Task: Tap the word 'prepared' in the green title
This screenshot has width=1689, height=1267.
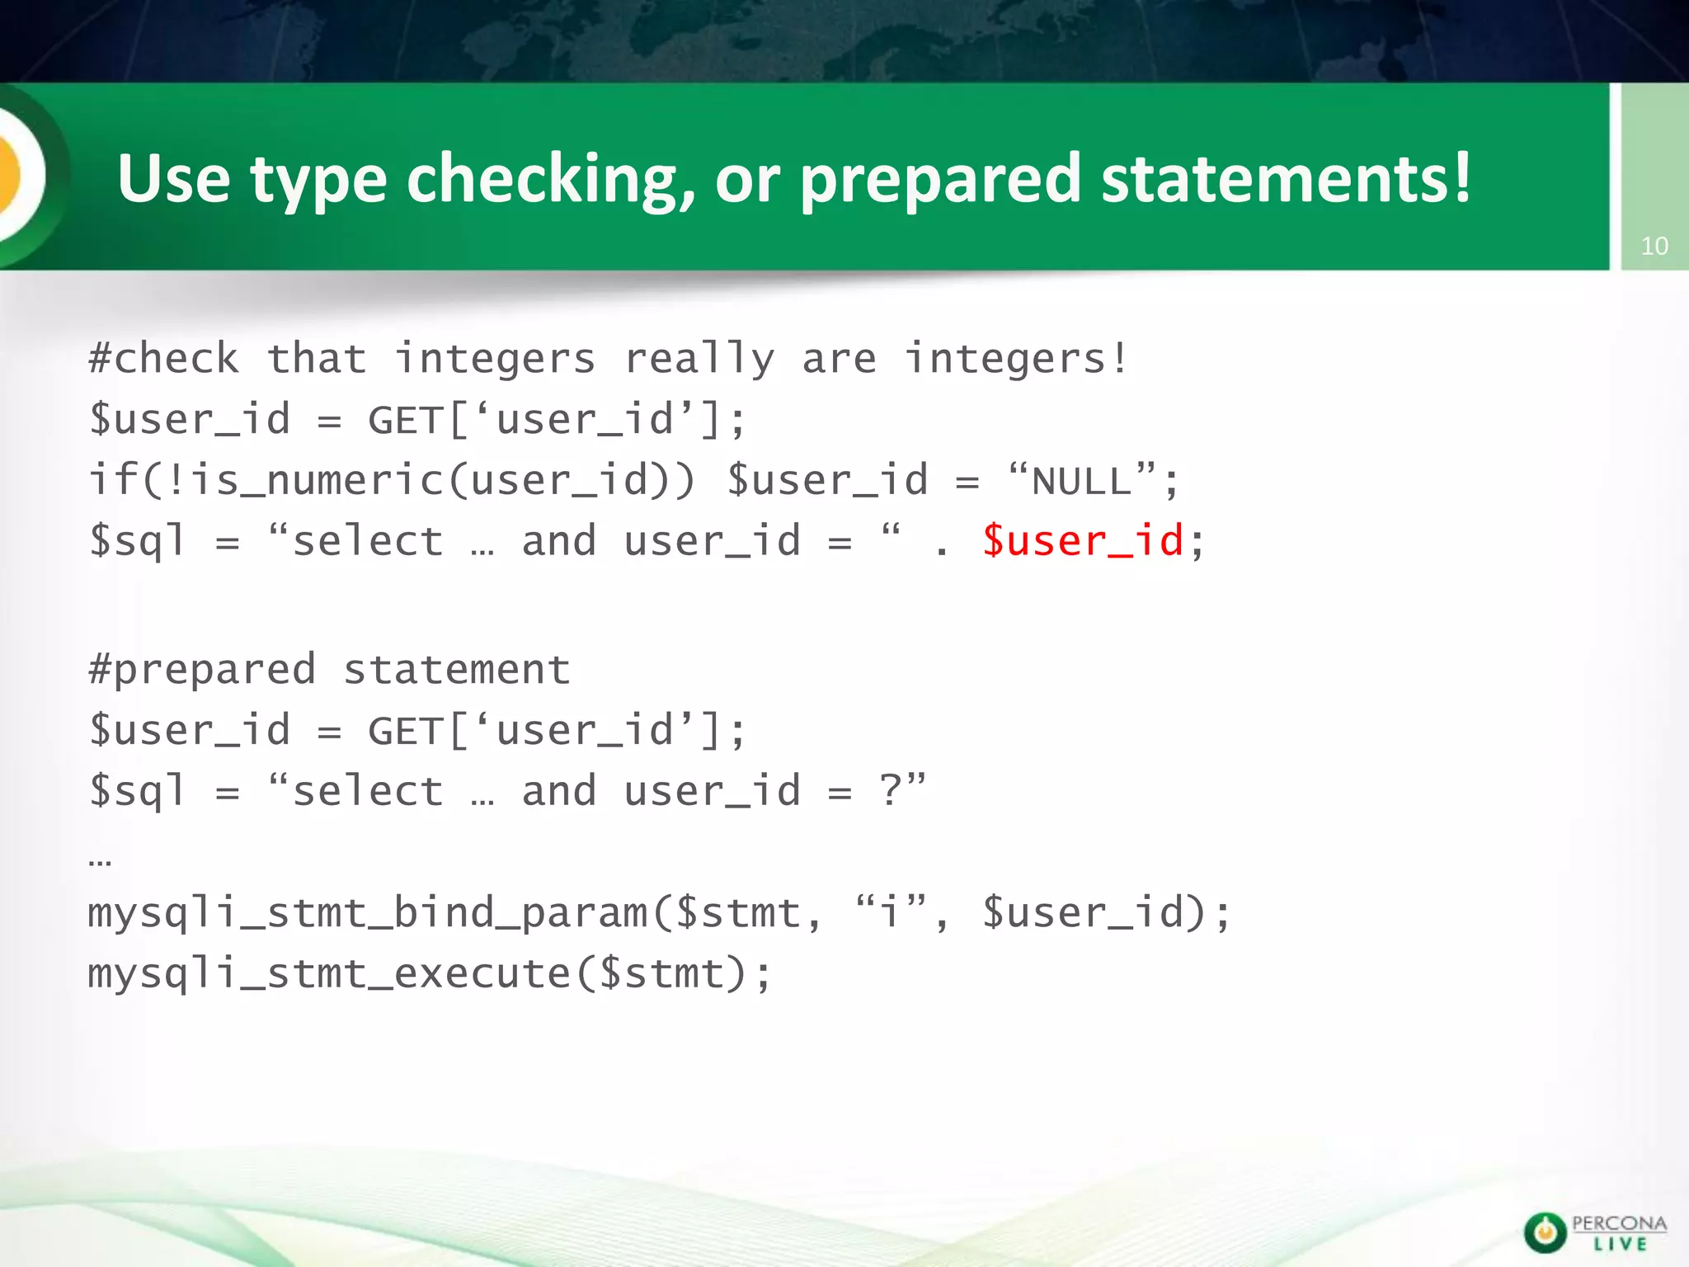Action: (940, 180)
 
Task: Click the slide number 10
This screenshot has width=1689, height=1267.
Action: (1654, 246)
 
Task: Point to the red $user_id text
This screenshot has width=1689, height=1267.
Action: (1083, 542)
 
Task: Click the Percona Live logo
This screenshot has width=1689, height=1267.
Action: (1594, 1232)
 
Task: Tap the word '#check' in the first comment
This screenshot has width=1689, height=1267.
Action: (164, 359)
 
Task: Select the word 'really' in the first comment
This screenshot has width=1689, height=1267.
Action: (699, 359)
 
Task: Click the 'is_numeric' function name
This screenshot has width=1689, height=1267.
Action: (318, 480)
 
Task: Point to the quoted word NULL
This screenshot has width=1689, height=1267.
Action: (1082, 481)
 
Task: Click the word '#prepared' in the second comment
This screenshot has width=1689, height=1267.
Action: (202, 669)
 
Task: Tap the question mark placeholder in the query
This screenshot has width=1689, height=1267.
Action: (891, 791)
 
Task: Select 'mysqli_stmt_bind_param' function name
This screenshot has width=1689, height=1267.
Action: (368, 913)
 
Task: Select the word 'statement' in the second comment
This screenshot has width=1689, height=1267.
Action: (457, 669)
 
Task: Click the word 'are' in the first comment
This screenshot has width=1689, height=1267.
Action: (839, 359)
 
